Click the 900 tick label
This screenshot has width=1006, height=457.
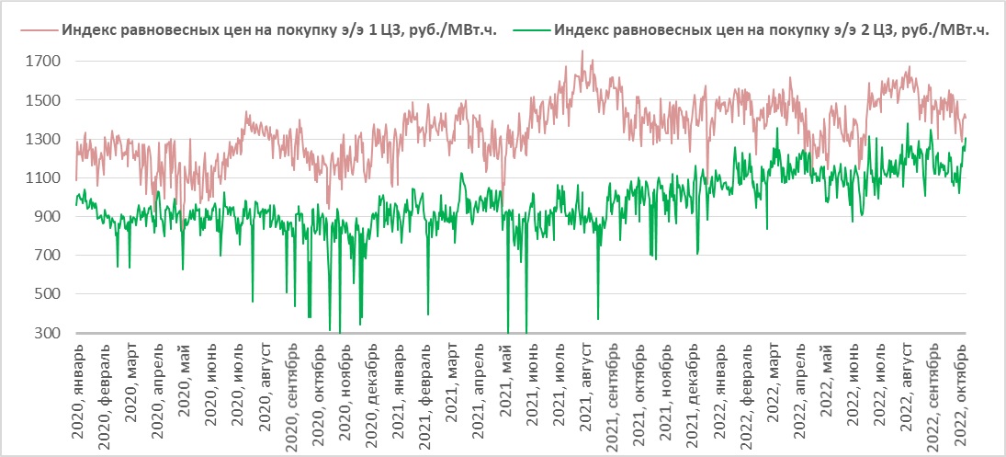tap(49, 217)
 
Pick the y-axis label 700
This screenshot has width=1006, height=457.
tap(49, 256)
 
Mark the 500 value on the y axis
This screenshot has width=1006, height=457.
tap(49, 294)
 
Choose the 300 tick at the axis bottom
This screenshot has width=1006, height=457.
tap(49, 333)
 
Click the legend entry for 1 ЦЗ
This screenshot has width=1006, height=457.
tap(278, 29)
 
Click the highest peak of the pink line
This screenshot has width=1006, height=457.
tap(582, 51)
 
